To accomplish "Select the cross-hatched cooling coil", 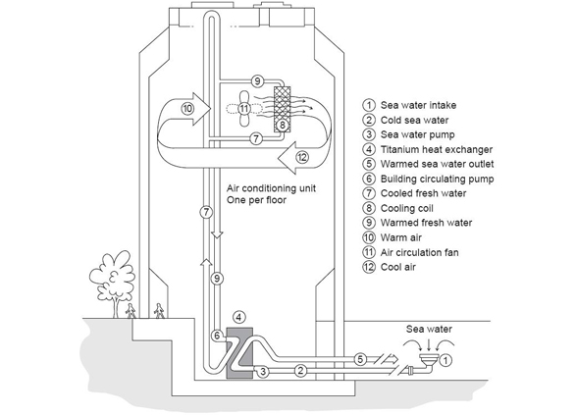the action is tap(283, 109).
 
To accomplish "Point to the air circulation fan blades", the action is tap(244, 109).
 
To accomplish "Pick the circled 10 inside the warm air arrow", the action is tap(187, 109).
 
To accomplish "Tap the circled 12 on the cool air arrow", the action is tap(302, 158).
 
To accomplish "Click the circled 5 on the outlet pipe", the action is tap(360, 359).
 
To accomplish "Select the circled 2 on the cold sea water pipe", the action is tap(300, 371).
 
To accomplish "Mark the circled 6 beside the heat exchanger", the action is tap(217, 336).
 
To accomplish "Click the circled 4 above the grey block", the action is tap(239, 317).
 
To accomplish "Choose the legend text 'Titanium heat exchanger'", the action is tap(437, 149).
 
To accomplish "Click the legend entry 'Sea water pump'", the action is tap(418, 134).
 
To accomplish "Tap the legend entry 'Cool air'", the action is tap(398, 267).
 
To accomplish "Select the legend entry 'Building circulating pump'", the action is tap(437, 179).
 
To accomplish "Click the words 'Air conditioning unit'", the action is tap(271, 188).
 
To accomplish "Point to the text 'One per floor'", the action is tap(256, 200).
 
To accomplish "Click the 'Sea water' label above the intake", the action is tap(429, 329).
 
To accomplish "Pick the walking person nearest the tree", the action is tap(131, 311).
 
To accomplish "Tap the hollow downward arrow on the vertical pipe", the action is tap(217, 234).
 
